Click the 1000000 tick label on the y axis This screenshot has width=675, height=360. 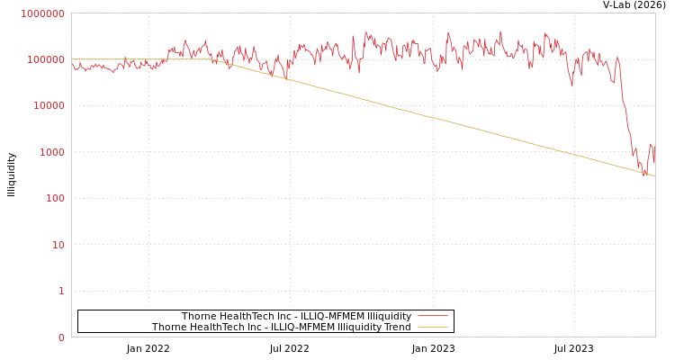click(x=43, y=13)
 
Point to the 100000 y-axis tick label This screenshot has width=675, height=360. click(x=46, y=59)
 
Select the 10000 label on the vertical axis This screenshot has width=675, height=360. click(x=49, y=106)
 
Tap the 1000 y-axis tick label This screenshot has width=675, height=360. click(x=51, y=152)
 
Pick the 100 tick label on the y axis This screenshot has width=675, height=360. click(x=54, y=199)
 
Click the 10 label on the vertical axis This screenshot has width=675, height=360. click(x=58, y=245)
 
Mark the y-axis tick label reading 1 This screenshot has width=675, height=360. click(x=61, y=292)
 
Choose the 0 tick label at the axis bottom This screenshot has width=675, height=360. click(x=61, y=337)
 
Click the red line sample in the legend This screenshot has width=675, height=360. click(x=433, y=317)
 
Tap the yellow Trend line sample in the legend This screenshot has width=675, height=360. click(x=433, y=328)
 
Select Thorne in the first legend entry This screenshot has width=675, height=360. click(x=199, y=317)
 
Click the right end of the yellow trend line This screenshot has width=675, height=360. click(x=654, y=176)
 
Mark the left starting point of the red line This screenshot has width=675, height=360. click(x=72, y=62)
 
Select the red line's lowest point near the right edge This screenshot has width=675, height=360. click(x=644, y=174)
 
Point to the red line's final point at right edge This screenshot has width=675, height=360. click(x=654, y=160)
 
